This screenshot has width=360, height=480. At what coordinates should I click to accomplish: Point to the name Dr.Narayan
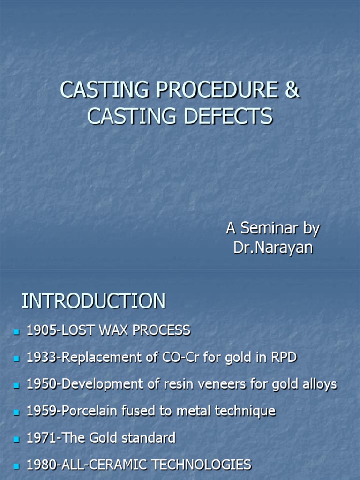(273, 247)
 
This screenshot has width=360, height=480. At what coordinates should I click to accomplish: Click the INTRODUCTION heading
(94, 301)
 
